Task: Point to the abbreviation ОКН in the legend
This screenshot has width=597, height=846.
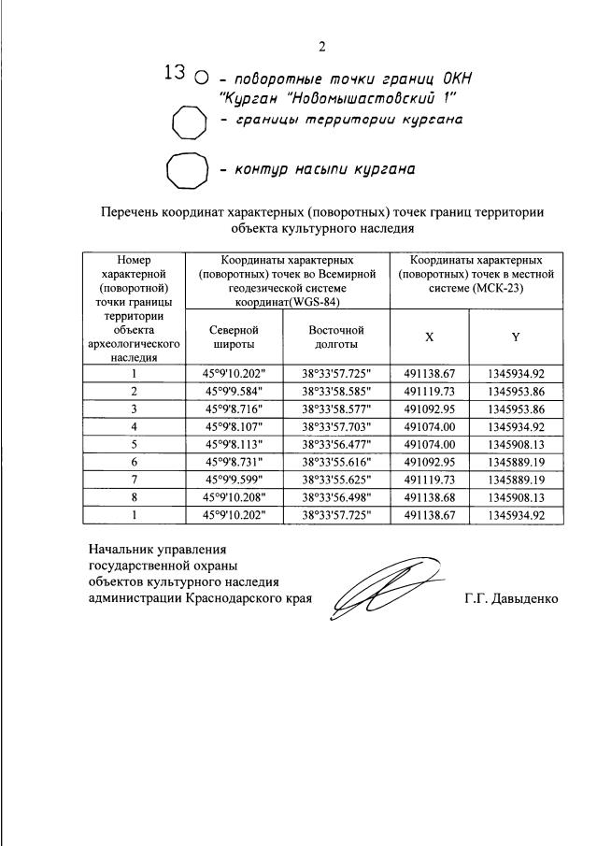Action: pyautogui.click(x=449, y=78)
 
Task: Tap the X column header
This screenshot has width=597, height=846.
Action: pyautogui.click(x=429, y=337)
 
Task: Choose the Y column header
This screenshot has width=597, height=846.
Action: pyautogui.click(x=516, y=337)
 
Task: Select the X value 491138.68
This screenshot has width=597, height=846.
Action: pyautogui.click(x=430, y=497)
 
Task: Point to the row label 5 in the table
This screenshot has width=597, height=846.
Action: pyautogui.click(x=134, y=444)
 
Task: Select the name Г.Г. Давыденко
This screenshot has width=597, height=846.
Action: pyautogui.click(x=510, y=598)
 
